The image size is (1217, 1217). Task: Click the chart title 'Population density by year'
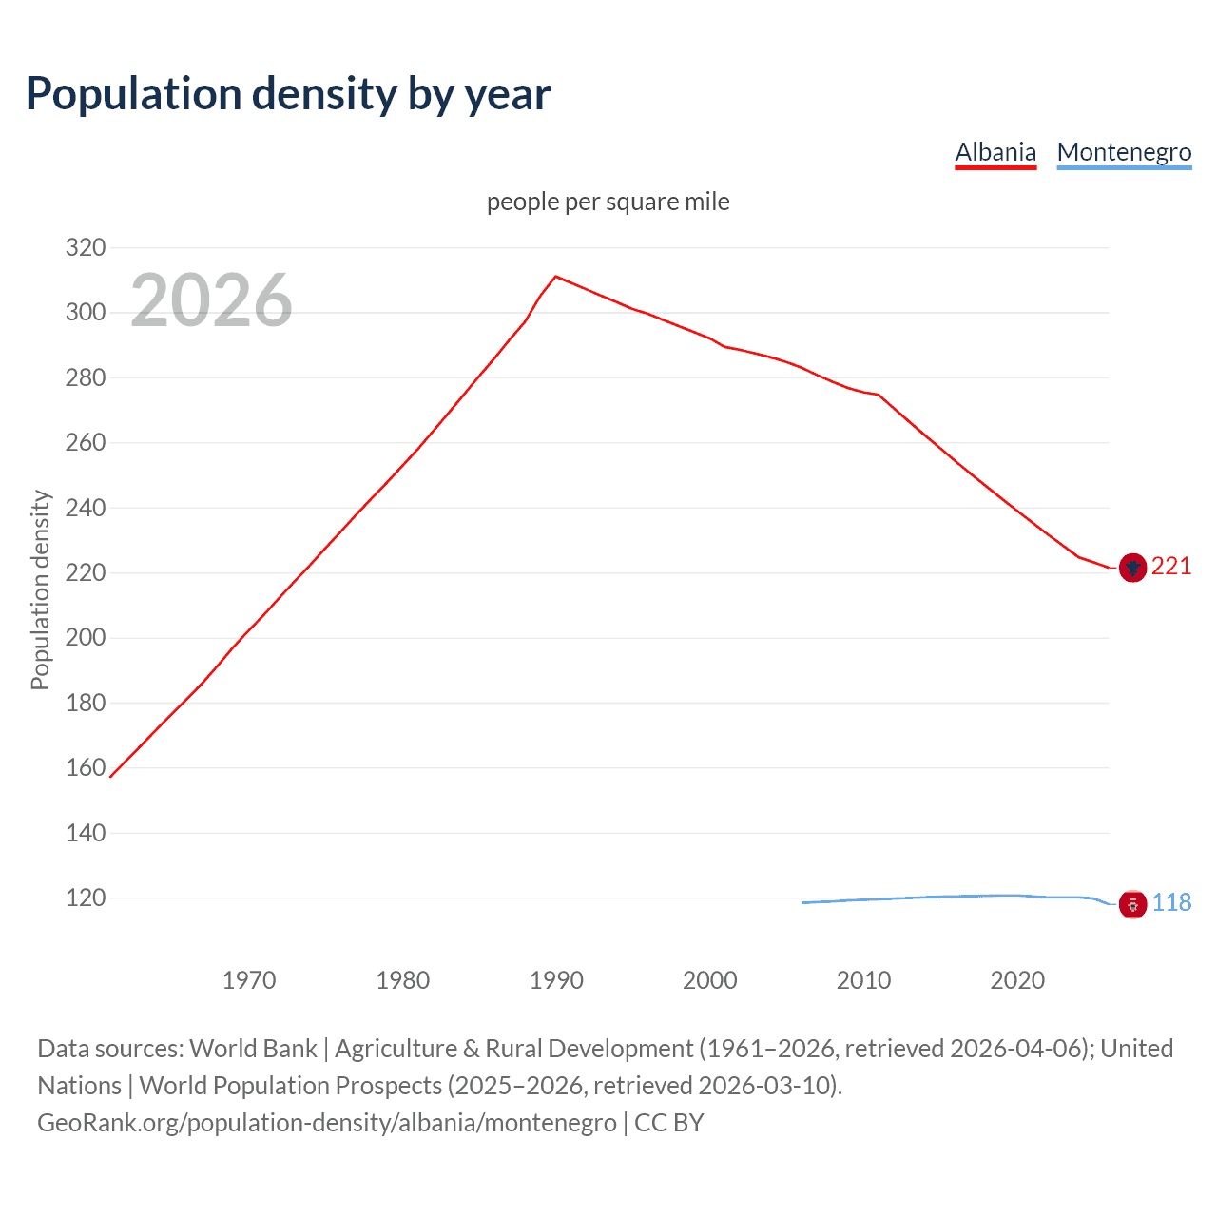tap(288, 94)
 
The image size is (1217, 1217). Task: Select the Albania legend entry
tap(995, 152)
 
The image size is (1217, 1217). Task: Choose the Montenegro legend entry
tap(1124, 152)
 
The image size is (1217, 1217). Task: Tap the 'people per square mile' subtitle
tap(608, 202)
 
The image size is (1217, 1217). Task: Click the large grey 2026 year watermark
tap(211, 300)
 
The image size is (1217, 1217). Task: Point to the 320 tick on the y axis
tap(85, 248)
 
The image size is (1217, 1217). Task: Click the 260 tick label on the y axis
tap(85, 443)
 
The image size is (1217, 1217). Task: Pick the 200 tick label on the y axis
tap(85, 638)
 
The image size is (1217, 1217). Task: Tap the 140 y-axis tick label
tap(85, 833)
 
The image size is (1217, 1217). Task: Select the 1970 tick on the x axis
tap(249, 980)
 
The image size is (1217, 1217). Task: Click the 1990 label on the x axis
tap(556, 980)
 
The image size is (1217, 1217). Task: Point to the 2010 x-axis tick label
tap(863, 980)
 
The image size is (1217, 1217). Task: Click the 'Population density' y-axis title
tap(40, 589)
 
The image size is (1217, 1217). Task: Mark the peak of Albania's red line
tap(556, 277)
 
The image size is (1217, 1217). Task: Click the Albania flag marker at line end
tap(1132, 568)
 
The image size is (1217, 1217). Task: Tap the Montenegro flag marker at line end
tap(1132, 904)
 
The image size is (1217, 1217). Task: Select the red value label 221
tap(1171, 567)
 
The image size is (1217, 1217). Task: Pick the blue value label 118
tap(1171, 903)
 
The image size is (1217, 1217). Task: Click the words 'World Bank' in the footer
tap(253, 1049)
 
